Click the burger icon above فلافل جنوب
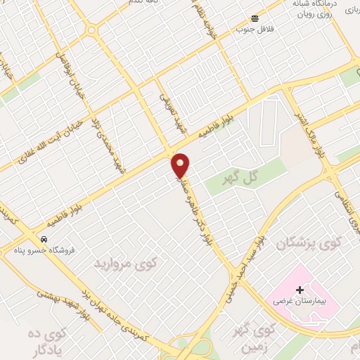click(255, 18)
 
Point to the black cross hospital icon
click(300, 289)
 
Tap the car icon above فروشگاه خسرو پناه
click(44, 239)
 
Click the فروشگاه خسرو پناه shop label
click(44, 250)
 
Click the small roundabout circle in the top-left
click(91, 30)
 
